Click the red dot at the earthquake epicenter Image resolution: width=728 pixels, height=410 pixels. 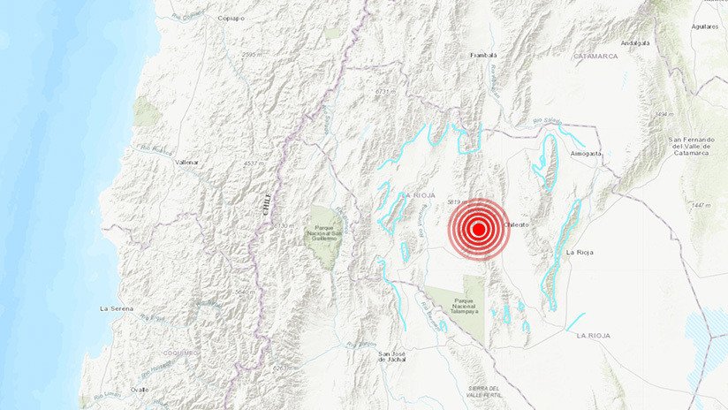pos(478,230)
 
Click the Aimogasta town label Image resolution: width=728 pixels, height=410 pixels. pos(586,153)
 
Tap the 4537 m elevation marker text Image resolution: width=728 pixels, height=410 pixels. pos(254,163)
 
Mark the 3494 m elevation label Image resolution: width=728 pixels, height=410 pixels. pos(664,115)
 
